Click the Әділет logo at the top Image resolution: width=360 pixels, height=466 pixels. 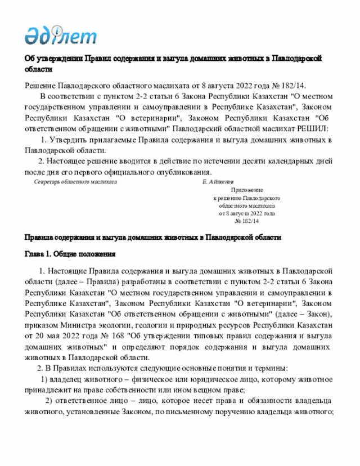(x=60, y=35)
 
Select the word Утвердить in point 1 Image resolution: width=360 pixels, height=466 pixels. (x=69, y=140)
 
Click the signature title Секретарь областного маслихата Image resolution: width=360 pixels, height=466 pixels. (x=75, y=182)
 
